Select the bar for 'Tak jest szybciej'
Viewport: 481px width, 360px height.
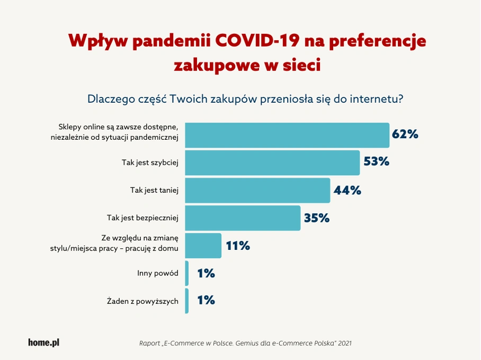272,163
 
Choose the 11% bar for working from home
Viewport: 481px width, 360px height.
203,245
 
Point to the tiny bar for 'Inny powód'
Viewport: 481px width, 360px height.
186,273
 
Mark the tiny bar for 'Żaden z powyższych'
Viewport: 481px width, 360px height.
186,301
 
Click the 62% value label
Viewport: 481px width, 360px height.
405,134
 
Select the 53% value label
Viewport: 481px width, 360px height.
376,162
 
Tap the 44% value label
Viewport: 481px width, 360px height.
348,190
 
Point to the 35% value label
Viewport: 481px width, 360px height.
317,218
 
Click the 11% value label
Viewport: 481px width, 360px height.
238,246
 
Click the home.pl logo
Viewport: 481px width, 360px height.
43,343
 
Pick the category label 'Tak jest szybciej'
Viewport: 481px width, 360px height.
150,163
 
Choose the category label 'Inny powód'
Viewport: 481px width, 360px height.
157,273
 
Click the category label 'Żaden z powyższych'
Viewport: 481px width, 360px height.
142,301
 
